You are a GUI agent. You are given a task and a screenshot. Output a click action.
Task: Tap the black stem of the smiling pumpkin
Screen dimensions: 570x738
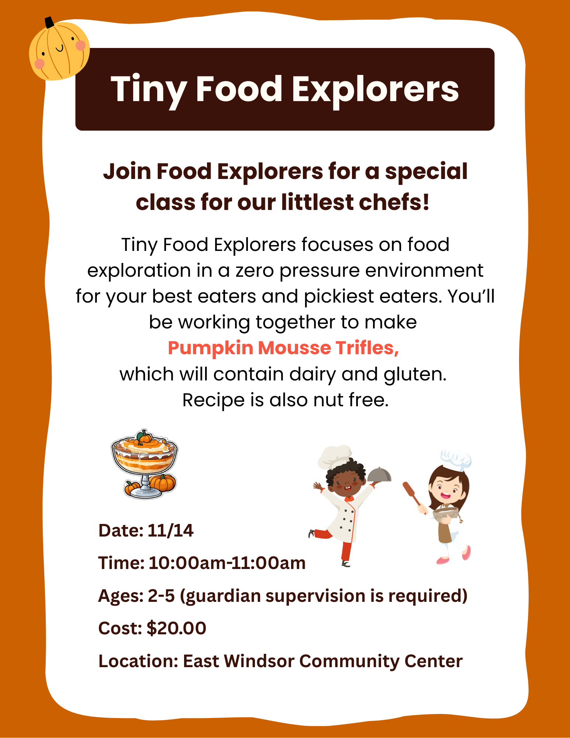pyautogui.click(x=49, y=23)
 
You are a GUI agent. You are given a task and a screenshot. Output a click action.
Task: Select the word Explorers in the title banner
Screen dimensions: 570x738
pyautogui.click(x=375, y=90)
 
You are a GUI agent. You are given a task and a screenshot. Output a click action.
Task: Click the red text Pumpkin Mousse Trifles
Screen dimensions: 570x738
pyautogui.click(x=283, y=348)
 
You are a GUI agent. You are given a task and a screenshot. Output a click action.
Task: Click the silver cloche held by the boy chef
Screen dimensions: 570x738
pyautogui.click(x=379, y=475)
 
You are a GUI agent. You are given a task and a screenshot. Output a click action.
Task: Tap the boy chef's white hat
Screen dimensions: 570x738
pyautogui.click(x=335, y=456)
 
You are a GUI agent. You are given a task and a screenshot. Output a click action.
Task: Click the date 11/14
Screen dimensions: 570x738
pyautogui.click(x=170, y=531)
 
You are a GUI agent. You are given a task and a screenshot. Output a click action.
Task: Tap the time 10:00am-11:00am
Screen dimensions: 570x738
pyautogui.click(x=227, y=563)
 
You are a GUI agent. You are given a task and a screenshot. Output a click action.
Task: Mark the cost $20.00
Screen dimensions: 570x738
pyautogui.click(x=176, y=628)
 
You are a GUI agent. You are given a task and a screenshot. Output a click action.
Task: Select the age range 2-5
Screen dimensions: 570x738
pyautogui.click(x=161, y=596)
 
